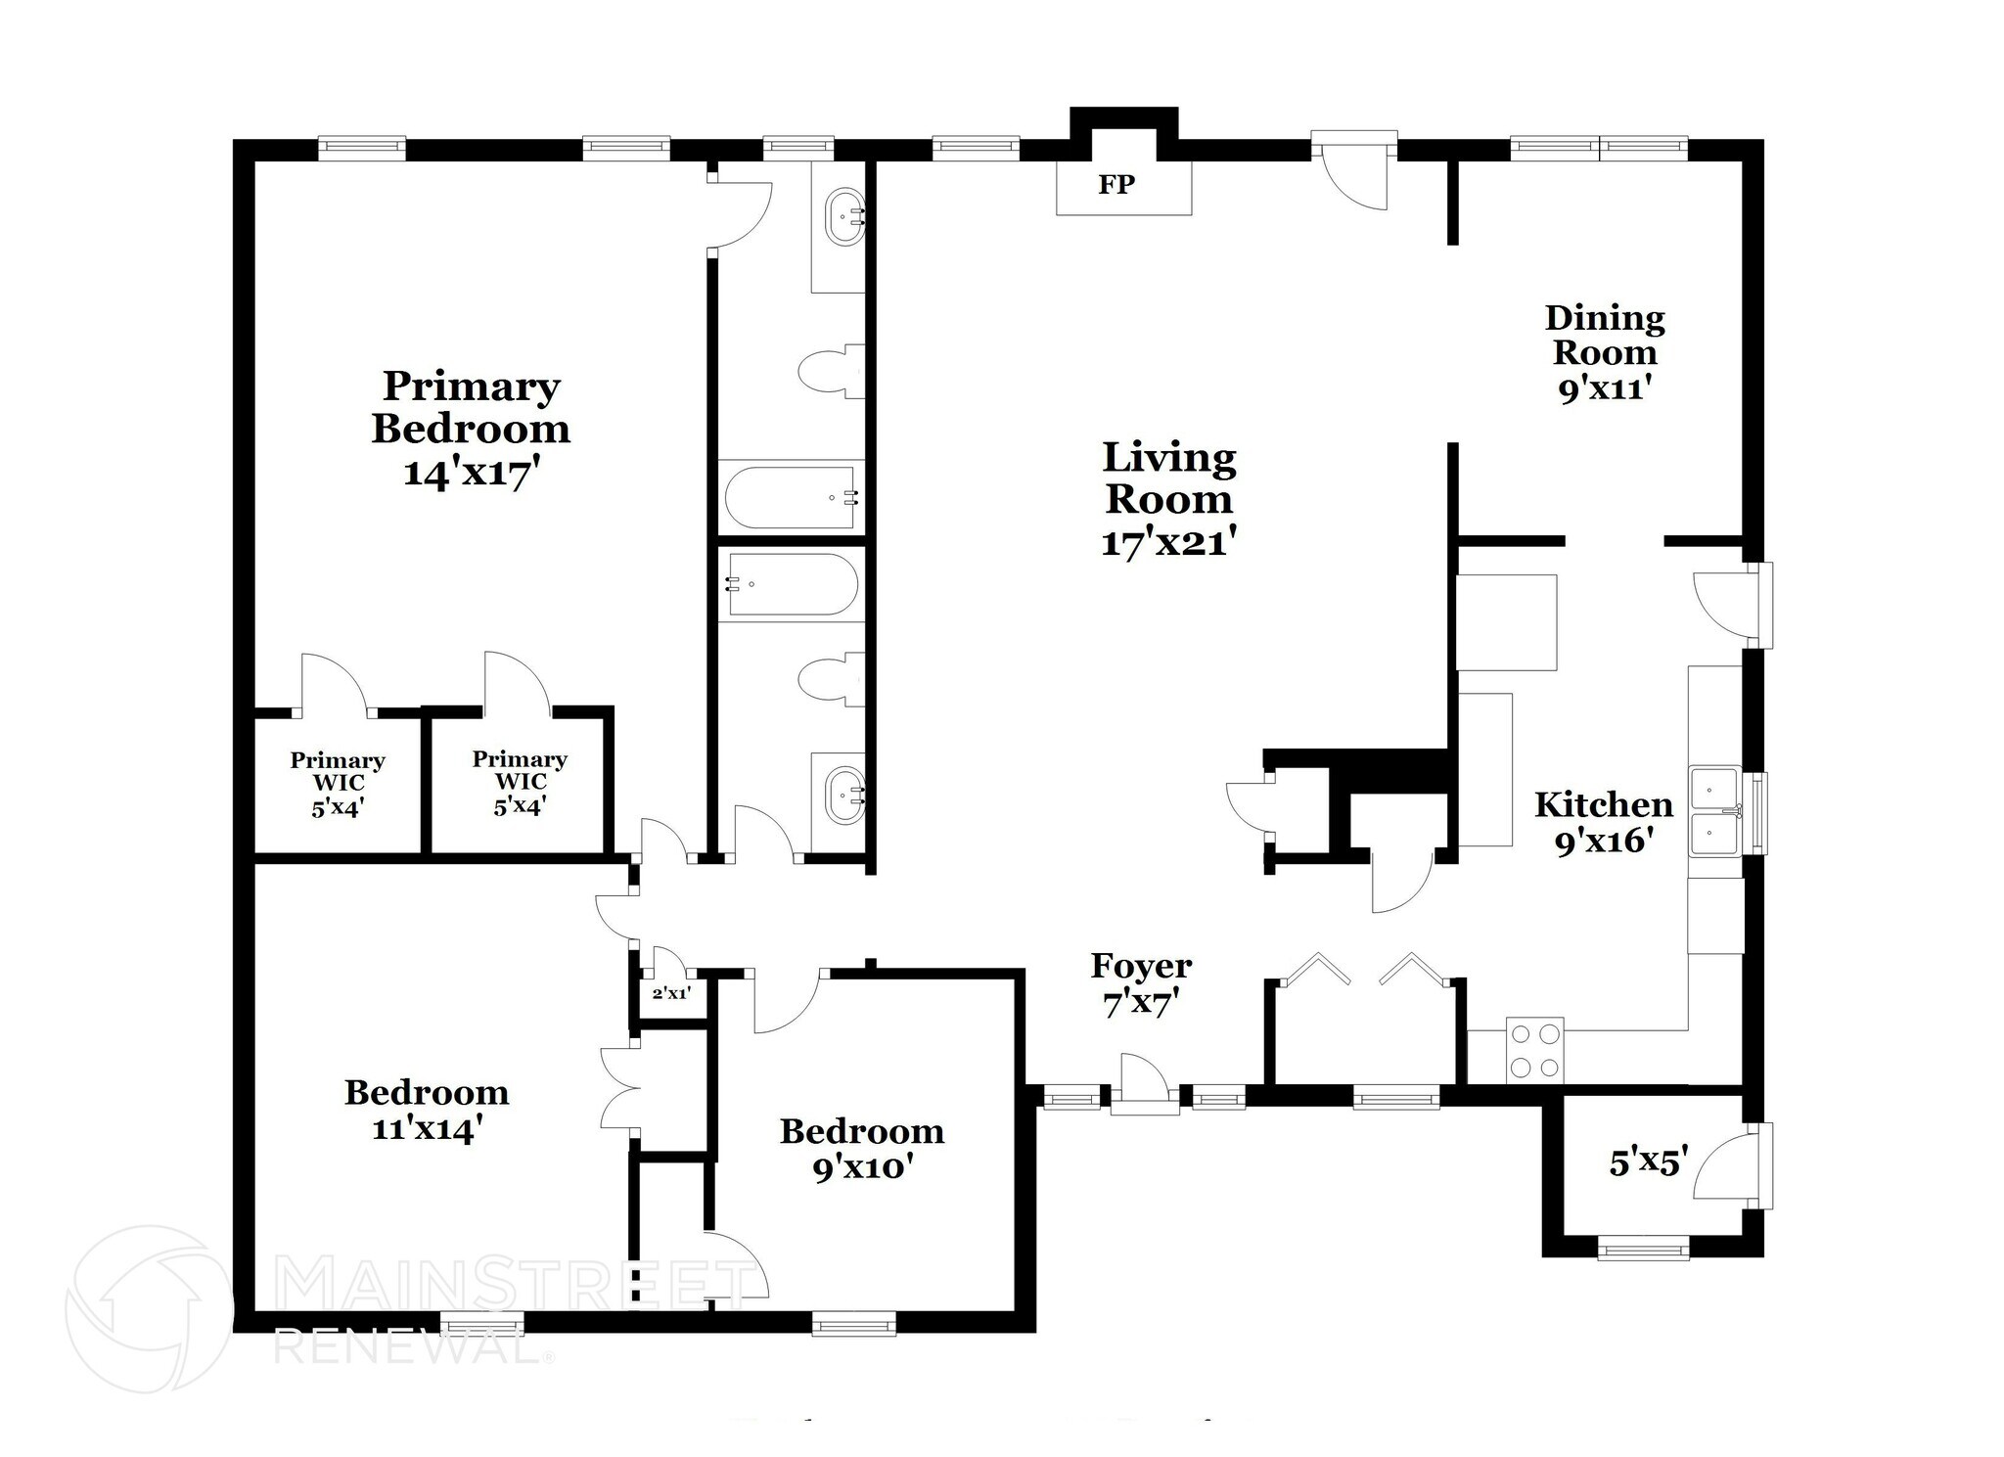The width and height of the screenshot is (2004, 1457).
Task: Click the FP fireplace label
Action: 1116,185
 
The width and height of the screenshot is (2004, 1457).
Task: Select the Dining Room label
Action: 1605,335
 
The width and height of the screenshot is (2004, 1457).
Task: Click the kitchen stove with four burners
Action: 1534,1050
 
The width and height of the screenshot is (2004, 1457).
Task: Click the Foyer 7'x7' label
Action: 1141,984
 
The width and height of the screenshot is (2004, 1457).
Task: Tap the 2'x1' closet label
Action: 671,994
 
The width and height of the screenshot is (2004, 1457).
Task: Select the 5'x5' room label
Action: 1649,1162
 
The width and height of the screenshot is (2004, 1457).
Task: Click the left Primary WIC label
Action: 338,784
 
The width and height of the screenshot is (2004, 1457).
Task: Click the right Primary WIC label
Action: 520,783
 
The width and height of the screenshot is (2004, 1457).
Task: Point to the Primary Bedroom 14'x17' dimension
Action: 472,474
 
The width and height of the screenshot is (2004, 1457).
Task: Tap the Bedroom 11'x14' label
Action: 427,1111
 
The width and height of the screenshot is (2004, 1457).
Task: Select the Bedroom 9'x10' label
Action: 861,1149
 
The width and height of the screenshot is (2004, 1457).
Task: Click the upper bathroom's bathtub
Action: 791,498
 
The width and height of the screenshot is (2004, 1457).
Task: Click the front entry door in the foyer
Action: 1144,1084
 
